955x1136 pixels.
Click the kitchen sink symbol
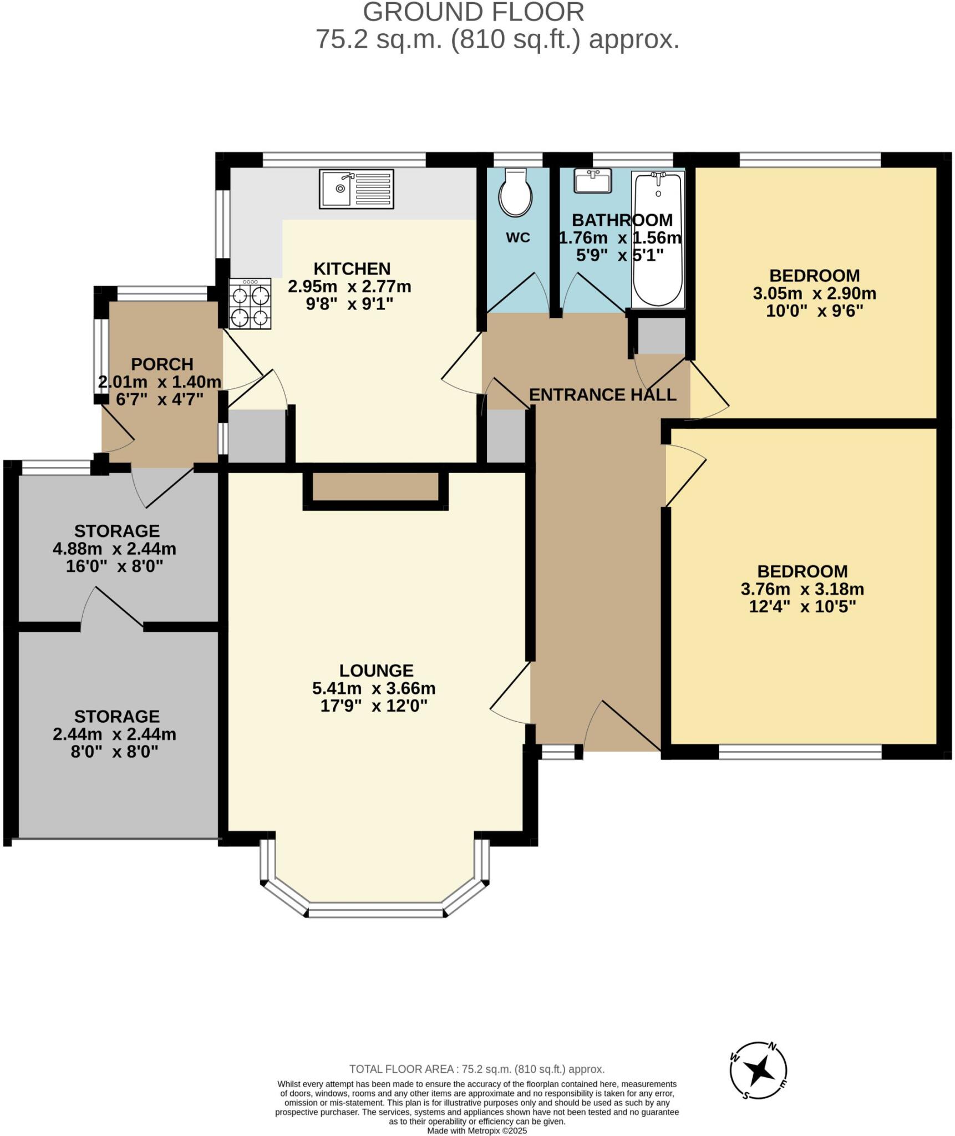click(356, 189)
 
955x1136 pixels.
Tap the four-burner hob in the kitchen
click(250, 304)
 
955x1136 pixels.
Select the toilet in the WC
click(515, 192)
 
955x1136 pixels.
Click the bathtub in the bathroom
click(658, 239)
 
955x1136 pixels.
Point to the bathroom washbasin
click(592, 181)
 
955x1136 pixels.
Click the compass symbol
click(758, 1070)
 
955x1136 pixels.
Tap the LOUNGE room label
click(376, 670)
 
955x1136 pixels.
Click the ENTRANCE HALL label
click(602, 394)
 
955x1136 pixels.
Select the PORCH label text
click(162, 364)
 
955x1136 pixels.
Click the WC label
click(518, 237)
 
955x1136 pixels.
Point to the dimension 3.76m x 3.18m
click(802, 589)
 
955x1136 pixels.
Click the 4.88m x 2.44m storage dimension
click(114, 549)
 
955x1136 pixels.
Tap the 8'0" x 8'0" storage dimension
click(114, 752)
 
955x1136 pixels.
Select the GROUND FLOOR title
click(473, 12)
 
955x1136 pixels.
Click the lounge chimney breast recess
click(375, 486)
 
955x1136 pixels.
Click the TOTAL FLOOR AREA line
click(477, 1069)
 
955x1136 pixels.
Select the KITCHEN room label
click(352, 268)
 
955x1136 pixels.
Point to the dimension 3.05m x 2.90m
click(814, 293)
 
